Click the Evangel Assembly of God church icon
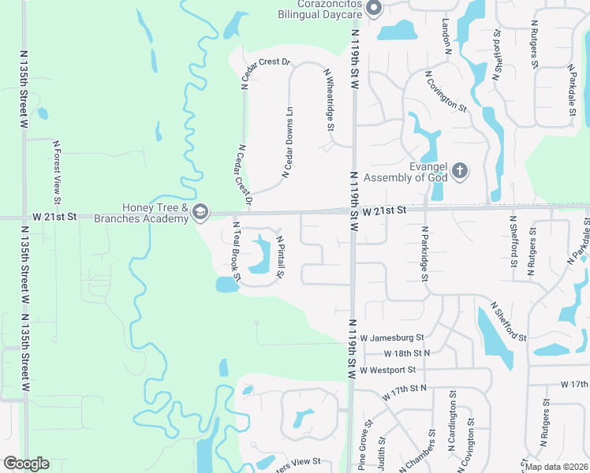click(461, 170)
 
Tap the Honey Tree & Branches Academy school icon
click(200, 211)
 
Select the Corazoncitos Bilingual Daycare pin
click(374, 9)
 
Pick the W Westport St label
click(387, 370)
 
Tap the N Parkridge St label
click(424, 254)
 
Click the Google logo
click(25, 464)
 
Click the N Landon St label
click(446, 35)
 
